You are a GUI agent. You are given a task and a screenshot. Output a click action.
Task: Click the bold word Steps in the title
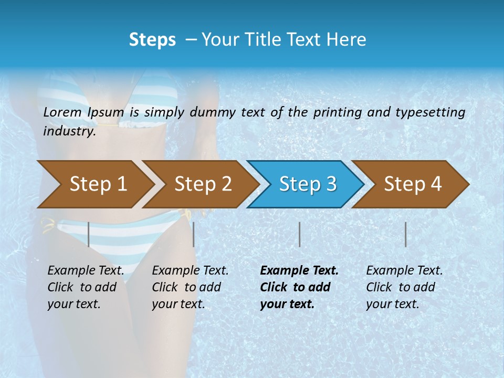point(152,39)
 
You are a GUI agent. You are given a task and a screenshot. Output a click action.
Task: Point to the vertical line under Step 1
point(88,234)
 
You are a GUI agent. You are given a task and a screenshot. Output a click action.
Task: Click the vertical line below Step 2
point(194,234)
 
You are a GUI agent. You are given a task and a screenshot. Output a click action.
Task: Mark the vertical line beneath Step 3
point(299,234)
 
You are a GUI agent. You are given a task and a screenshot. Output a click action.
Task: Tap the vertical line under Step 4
point(406,234)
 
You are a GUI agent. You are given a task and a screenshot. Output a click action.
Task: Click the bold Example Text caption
point(299,287)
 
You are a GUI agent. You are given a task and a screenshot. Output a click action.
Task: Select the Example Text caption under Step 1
point(86,287)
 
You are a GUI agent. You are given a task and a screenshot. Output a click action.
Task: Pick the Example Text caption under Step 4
point(404,287)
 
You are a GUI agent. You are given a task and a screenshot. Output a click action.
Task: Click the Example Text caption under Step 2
point(190,287)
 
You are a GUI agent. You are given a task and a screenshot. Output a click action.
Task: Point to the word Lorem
point(62,112)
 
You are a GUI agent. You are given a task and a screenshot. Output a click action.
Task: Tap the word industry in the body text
point(69,131)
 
